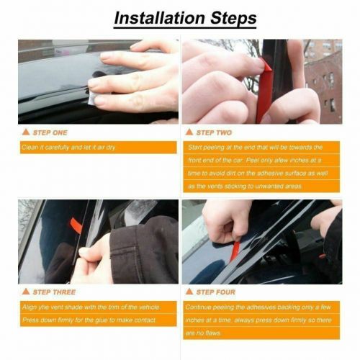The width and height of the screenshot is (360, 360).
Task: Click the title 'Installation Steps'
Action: (x=180, y=16)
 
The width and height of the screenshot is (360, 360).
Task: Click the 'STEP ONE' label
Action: (x=51, y=132)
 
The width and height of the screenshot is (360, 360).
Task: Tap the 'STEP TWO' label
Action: (x=215, y=132)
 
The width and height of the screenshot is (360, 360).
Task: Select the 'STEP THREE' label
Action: (x=54, y=292)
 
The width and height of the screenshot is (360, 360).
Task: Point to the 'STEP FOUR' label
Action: (x=216, y=292)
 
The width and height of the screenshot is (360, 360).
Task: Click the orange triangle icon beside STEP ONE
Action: (x=27, y=132)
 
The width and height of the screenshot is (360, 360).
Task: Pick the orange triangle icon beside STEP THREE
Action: (x=27, y=292)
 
